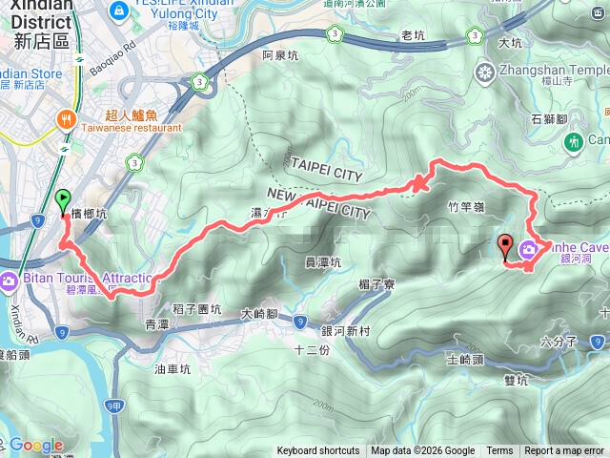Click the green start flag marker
point(64,200)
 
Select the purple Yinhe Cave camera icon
point(528,251)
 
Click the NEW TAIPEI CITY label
point(316,203)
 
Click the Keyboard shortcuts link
point(318,451)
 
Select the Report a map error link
point(564,451)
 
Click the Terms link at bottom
point(499,451)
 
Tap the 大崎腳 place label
point(258,313)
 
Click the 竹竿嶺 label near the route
point(465,205)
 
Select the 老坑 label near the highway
point(414,35)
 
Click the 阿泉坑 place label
point(280,55)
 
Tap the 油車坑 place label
point(173,368)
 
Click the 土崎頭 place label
point(465,361)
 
